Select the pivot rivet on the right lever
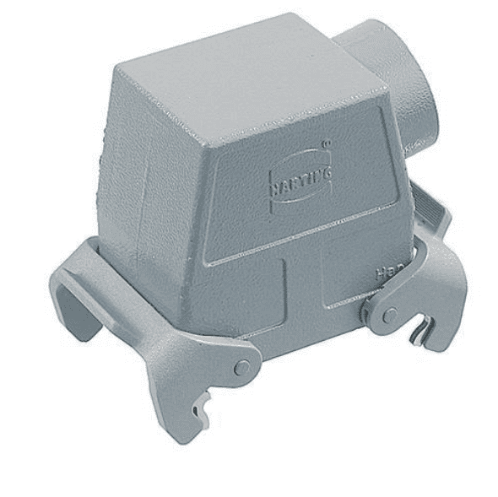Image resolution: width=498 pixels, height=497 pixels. pos(389,315)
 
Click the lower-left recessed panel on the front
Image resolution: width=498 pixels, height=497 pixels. pos(241,300)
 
